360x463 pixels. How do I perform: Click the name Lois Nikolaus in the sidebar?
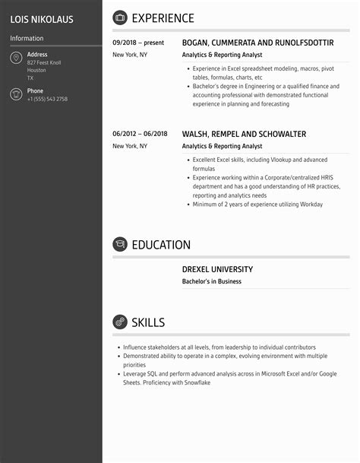pyautogui.click(x=42, y=19)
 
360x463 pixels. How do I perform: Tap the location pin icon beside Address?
pyautogui.click(x=16, y=59)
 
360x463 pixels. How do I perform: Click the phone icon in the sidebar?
pyautogui.click(x=16, y=94)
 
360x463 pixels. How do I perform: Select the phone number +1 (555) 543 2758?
pyautogui.click(x=47, y=100)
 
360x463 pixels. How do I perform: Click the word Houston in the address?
pyautogui.click(x=36, y=71)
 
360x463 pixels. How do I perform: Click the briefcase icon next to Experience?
pyautogui.click(x=120, y=18)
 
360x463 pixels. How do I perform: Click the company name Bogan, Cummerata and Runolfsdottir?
pyautogui.click(x=257, y=43)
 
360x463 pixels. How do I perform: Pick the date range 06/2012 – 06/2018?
pyautogui.click(x=139, y=134)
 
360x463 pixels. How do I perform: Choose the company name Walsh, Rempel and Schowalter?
pyautogui.click(x=244, y=134)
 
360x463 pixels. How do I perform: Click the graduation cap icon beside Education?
pyautogui.click(x=120, y=245)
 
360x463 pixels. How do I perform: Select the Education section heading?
pyautogui.click(x=161, y=245)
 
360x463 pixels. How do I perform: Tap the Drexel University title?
pyautogui.click(x=217, y=269)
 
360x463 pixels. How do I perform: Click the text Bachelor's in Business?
pyautogui.click(x=211, y=281)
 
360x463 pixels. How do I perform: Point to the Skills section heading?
pyautogui.click(x=148, y=322)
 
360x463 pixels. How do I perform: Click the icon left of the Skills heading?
pyautogui.click(x=120, y=322)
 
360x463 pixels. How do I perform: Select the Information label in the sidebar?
pyautogui.click(x=27, y=38)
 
